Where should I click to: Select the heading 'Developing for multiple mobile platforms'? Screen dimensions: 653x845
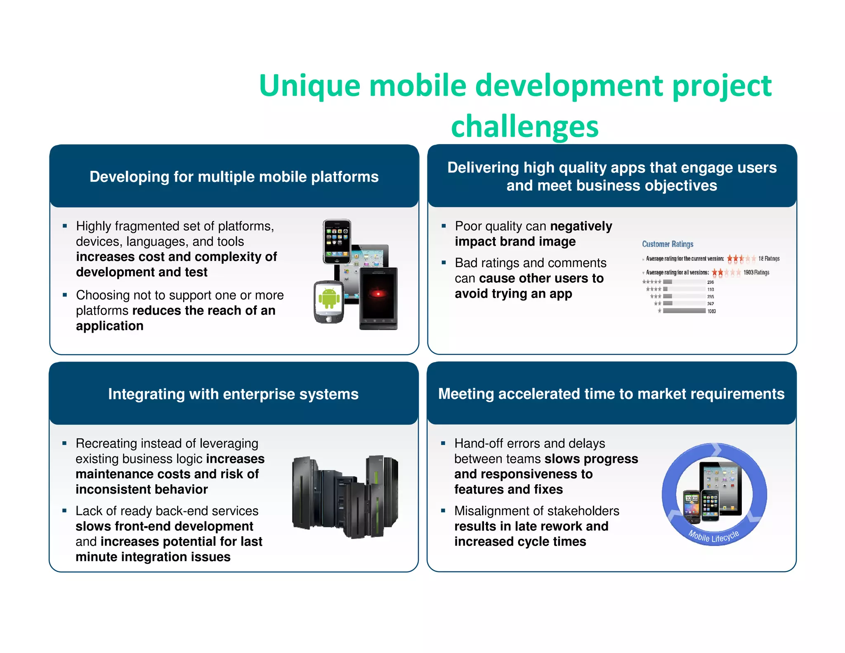234,177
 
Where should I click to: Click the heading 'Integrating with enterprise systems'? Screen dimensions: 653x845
233,394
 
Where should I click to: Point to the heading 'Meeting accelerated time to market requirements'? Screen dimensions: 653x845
611,393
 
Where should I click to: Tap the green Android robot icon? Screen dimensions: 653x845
329,298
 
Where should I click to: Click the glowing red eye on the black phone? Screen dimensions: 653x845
378,293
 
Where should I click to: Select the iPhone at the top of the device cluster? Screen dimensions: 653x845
337,241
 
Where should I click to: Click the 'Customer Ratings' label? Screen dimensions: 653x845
667,244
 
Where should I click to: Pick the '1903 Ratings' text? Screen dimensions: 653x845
756,272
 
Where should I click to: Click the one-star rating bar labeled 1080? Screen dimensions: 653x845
684,311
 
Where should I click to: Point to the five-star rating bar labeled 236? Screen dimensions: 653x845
668,282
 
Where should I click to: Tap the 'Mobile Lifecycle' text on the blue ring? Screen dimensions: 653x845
713,536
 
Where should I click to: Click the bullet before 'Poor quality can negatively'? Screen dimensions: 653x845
444,226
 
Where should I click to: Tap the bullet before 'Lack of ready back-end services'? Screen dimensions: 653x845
64,511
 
